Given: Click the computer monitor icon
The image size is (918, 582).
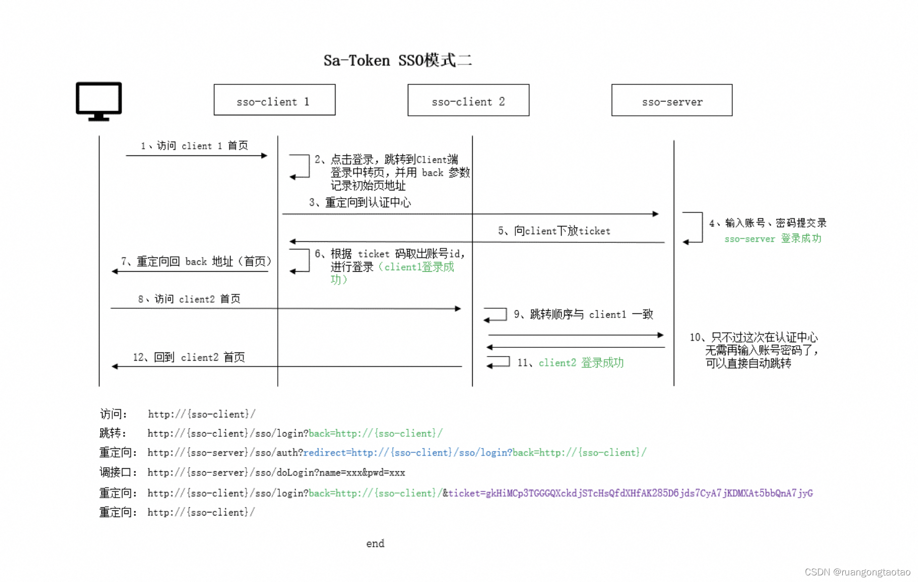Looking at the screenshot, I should click(99, 101).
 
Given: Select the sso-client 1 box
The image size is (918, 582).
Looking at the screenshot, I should click(274, 100).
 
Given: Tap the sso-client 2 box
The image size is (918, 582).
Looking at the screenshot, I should click(468, 101).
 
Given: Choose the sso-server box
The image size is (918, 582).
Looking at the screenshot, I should click(672, 101).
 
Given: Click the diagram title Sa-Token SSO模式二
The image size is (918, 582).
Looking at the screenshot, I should click(398, 60).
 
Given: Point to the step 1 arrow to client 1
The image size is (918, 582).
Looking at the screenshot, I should click(196, 155).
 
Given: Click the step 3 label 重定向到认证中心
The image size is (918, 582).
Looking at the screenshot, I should click(360, 203).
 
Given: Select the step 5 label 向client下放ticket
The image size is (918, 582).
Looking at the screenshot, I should click(554, 231).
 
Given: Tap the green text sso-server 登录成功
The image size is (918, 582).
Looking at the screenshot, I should click(772, 239).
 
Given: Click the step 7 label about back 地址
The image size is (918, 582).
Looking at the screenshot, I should click(196, 262).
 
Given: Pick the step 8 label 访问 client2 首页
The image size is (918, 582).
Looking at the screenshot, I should click(189, 299).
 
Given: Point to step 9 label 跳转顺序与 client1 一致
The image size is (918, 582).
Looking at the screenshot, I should click(583, 314).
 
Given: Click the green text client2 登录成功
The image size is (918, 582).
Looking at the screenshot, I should click(581, 363).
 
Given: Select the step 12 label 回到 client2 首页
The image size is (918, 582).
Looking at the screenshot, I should click(189, 358).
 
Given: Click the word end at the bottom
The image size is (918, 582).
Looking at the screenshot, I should click(375, 543).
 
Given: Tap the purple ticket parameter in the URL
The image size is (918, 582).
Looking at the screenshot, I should click(630, 493).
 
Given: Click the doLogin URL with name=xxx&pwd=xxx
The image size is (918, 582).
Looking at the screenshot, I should click(276, 473).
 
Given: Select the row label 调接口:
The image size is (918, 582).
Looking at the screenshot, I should click(118, 473).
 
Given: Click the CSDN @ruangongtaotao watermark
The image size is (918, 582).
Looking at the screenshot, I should click(858, 572).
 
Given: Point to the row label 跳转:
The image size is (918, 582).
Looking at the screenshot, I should click(113, 433).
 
